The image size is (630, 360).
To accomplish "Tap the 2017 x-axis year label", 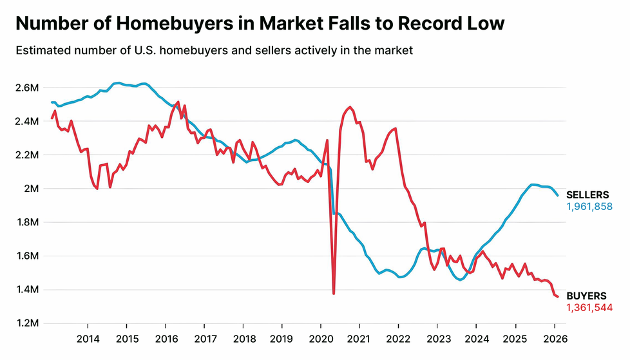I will [204, 338].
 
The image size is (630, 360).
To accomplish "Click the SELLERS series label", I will [587, 195].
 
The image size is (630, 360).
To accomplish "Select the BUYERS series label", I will [586, 296].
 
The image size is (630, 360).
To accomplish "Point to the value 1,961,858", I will [589, 207].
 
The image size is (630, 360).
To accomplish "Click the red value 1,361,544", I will [589, 307].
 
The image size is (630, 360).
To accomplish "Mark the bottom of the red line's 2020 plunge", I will [334, 294].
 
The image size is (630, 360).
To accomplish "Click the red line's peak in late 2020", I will [350, 107].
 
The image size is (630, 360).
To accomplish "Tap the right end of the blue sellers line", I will [557, 195].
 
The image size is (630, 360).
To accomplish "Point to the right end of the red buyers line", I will [557, 296].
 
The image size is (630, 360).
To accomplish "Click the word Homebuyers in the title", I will [171, 24].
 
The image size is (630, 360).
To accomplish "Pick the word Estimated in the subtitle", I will [40, 50].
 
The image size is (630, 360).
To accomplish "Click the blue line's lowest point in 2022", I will [400, 277].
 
